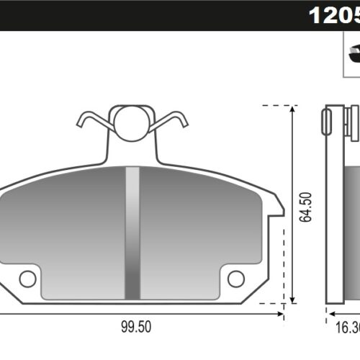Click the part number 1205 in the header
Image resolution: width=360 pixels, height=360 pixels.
[333, 14]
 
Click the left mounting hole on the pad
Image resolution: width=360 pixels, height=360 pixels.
[27, 278]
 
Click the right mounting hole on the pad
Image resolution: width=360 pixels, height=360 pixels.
[236, 278]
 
